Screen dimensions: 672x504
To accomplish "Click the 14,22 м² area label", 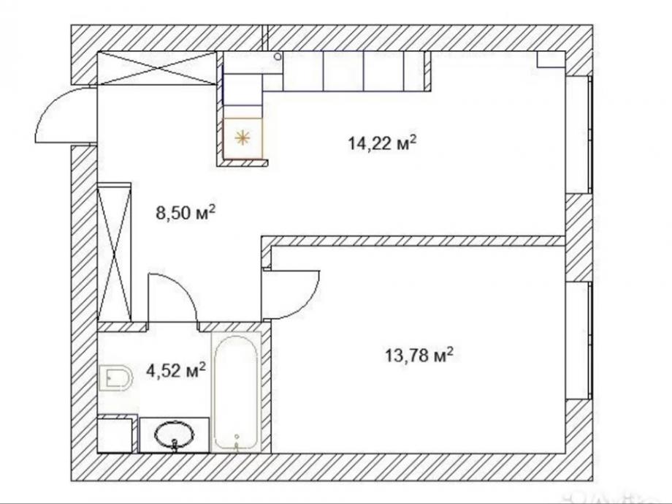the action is coord(382,143).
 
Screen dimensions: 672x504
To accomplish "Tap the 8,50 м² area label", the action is coord(185,213).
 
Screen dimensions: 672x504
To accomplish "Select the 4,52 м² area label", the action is coord(176,370).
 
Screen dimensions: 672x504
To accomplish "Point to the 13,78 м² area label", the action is coord(419,356).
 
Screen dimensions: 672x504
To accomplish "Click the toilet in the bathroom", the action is coord(115,377).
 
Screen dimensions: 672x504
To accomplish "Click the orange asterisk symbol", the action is coord(243,138).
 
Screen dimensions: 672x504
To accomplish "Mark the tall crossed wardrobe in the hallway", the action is coord(115,252).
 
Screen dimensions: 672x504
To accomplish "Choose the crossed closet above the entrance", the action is coord(157,68).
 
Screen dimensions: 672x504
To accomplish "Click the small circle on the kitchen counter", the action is coord(278,56).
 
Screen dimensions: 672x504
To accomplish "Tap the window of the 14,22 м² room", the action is coord(579,135).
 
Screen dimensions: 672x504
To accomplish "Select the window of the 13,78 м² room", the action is coord(579,341).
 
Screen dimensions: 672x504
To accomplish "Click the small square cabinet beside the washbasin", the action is coord(115,435).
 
